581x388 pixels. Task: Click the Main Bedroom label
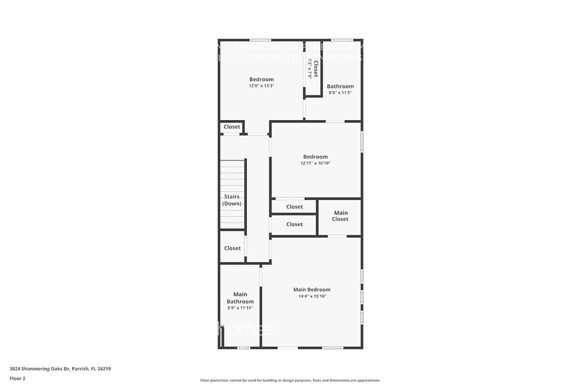point(312,290)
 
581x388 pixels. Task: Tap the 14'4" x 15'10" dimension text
point(312,296)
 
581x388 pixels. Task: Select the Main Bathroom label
point(240,298)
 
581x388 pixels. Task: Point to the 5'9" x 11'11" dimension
point(240,308)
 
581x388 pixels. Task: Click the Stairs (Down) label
point(232,200)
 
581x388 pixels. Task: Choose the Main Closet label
point(340,216)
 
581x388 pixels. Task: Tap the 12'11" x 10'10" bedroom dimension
point(315,163)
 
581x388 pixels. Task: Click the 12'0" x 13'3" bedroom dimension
point(261,86)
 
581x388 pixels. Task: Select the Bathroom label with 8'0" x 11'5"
point(340,86)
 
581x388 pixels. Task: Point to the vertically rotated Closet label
point(316,69)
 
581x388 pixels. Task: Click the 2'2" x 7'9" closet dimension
point(310,69)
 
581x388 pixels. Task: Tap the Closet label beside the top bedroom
point(232,127)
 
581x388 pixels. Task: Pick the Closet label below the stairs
point(232,248)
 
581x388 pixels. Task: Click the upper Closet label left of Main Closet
point(294,207)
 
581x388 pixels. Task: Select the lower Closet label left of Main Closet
point(294,224)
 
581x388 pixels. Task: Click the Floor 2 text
point(17,378)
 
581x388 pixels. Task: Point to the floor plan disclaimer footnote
point(290,380)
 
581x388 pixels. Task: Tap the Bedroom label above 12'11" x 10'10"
point(315,156)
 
